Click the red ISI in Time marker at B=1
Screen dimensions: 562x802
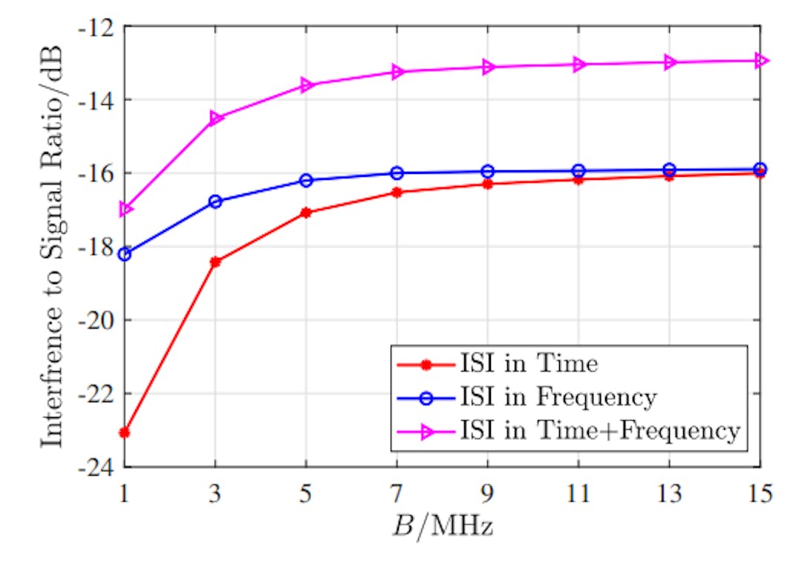(x=125, y=432)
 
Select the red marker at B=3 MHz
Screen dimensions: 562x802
(x=215, y=262)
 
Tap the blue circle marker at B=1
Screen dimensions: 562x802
(x=125, y=254)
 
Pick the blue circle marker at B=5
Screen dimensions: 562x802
(x=306, y=181)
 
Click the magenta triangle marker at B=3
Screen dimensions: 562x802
(x=215, y=118)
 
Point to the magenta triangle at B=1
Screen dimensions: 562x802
(x=125, y=209)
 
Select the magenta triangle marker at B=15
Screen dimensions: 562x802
(x=760, y=60)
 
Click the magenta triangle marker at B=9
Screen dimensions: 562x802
(x=488, y=67)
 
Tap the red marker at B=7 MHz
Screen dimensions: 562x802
(x=397, y=193)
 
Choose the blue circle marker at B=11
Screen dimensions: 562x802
(x=578, y=171)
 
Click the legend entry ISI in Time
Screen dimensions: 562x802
(x=527, y=364)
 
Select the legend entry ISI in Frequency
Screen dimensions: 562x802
(x=558, y=398)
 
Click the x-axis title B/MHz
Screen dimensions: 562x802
(x=443, y=529)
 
